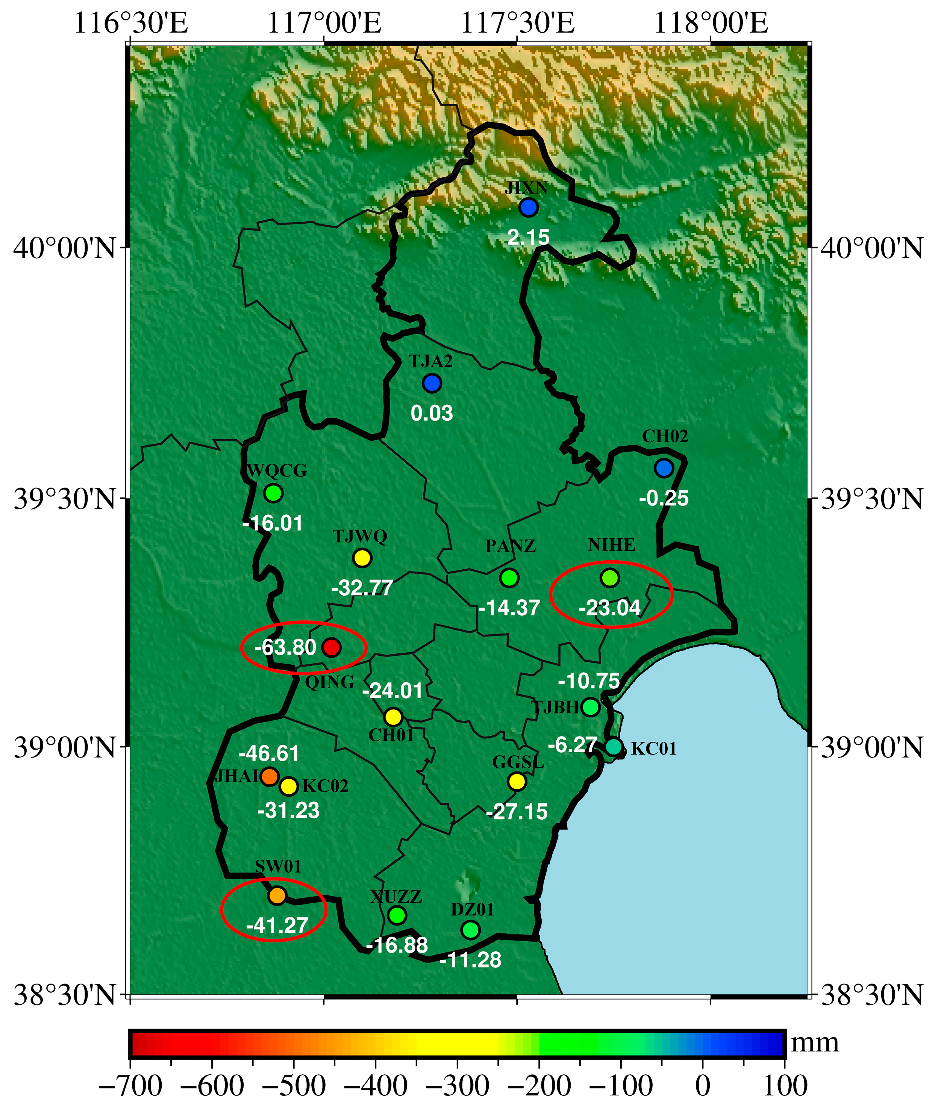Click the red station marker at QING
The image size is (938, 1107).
click(x=331, y=647)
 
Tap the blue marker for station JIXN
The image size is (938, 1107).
click(x=529, y=207)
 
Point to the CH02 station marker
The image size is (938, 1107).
click(x=664, y=468)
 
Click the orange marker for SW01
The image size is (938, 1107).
click(x=277, y=895)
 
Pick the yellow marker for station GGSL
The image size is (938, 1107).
click(x=517, y=781)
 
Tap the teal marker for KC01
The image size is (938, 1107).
click(x=614, y=747)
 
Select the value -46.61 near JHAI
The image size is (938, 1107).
click(x=269, y=753)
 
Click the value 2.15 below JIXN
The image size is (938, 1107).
click(x=529, y=237)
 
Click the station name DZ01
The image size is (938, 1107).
click(x=473, y=909)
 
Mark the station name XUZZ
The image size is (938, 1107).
click(x=396, y=897)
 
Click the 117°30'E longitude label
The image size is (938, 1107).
click(x=517, y=23)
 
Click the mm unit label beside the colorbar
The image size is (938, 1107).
click(x=815, y=1043)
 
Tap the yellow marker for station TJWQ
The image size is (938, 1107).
click(x=362, y=558)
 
